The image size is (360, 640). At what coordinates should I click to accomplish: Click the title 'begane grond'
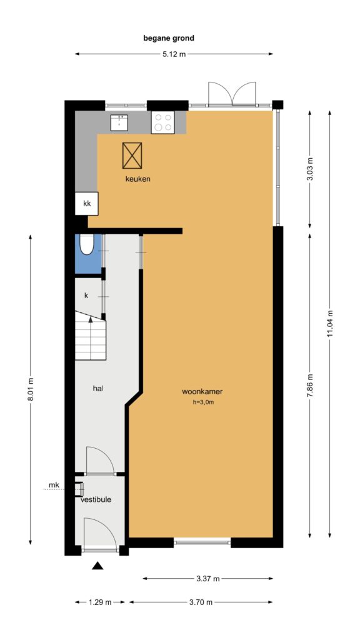169,38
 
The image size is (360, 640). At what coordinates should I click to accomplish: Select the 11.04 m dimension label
330,323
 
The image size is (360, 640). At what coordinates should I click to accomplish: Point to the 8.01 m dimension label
31,389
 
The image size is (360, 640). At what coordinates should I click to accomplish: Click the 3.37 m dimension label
208,578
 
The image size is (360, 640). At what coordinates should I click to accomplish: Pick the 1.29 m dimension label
100,602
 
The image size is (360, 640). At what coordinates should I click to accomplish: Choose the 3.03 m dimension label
309,168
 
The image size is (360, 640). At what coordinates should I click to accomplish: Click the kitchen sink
119,122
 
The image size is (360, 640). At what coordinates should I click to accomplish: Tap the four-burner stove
163,122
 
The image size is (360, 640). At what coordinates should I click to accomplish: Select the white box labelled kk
86,203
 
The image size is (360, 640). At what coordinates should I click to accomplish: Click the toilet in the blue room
86,244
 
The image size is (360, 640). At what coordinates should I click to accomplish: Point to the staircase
91,336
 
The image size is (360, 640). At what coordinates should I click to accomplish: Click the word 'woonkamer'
202,391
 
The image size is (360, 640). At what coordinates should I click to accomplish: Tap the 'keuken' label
138,179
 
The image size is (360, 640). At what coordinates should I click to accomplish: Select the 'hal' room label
97,389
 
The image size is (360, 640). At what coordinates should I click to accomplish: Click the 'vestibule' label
96,499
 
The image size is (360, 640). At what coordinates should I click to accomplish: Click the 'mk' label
54,485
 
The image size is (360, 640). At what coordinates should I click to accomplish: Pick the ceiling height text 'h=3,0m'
204,402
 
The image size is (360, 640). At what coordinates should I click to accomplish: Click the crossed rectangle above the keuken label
132,156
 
